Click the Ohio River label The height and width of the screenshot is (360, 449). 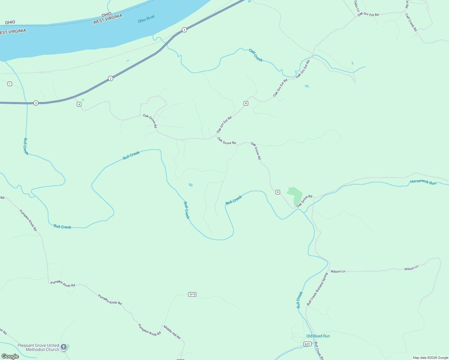pyautogui.click(x=146, y=19)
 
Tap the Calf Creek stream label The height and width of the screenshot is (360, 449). pyautogui.click(x=256, y=55)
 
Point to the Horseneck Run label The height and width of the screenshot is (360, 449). pyautogui.click(x=423, y=182)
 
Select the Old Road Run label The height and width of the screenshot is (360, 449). pyautogui.click(x=318, y=336)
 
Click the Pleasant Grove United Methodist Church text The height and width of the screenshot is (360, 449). pyautogui.click(x=38, y=347)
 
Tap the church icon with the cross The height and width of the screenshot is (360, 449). pyautogui.click(x=64, y=347)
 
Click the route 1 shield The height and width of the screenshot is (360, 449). pyautogui.click(x=10, y=84)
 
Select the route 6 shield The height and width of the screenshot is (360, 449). pyautogui.click(x=246, y=103)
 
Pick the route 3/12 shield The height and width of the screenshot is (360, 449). pyautogui.click(x=192, y=294)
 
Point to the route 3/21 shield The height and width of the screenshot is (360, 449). pyautogui.click(x=307, y=344)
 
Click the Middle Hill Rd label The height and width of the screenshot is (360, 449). pyautogui.click(x=172, y=332)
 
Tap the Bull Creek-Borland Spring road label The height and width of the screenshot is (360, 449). pyautogui.click(x=317, y=289)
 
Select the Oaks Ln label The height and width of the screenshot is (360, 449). pyautogui.click(x=356, y=6)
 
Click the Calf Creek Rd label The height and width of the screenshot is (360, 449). pyautogui.click(x=411, y=22)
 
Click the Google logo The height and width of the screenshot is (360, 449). pyautogui.click(x=10, y=356)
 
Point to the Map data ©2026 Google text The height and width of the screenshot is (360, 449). pyautogui.click(x=430, y=358)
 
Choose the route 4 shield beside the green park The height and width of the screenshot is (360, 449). pyautogui.click(x=278, y=192)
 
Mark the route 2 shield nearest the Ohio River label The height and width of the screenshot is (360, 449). pyautogui.click(x=184, y=30)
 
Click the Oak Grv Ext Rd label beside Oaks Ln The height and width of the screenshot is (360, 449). pyautogui.click(x=368, y=14)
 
